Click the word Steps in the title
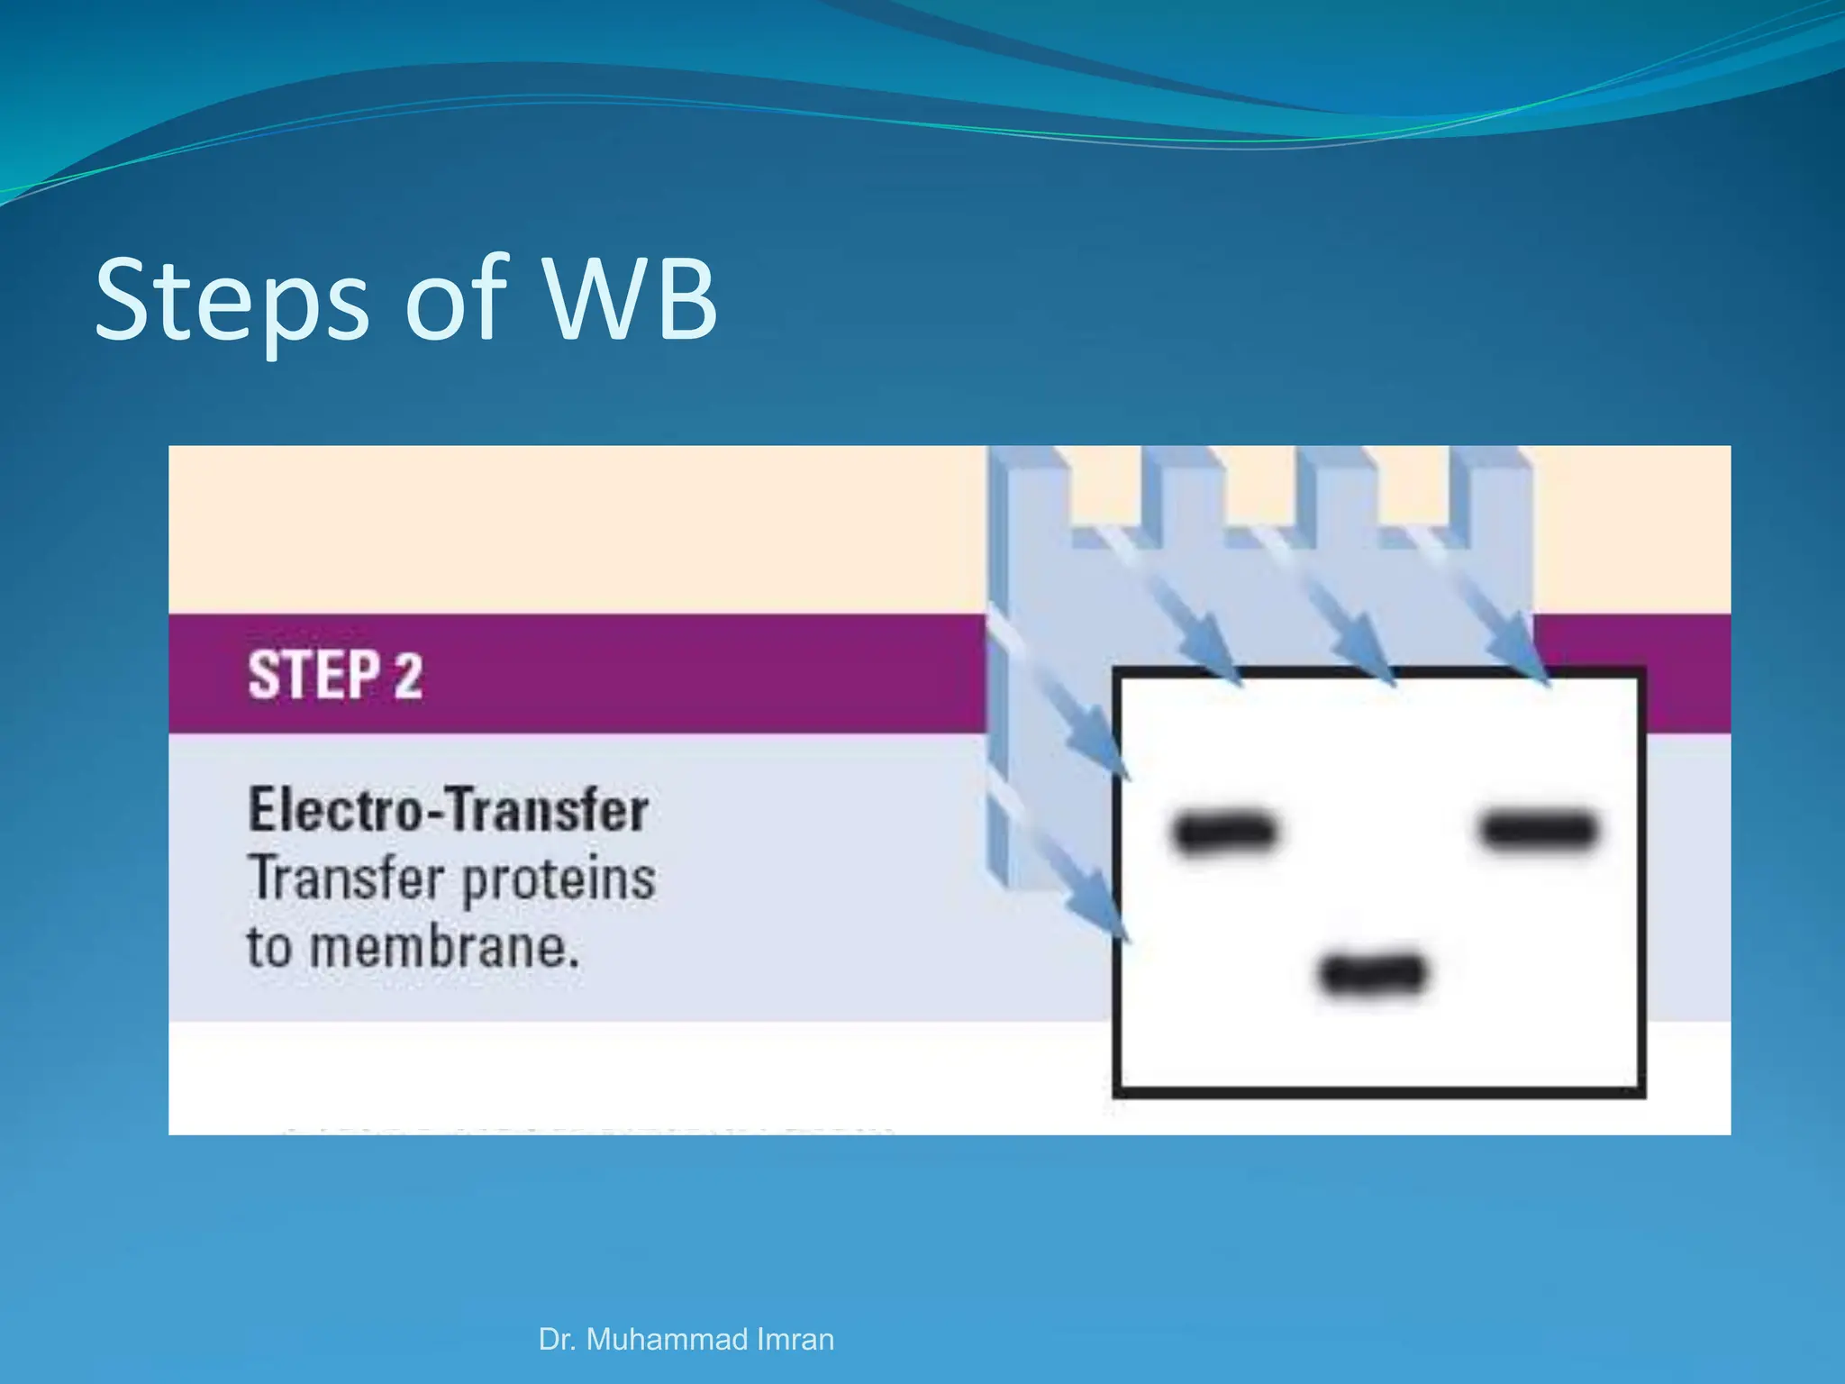coord(232,301)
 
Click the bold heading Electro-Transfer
coord(448,809)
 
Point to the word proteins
coord(559,879)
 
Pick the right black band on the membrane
coord(1539,830)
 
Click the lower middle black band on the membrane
coord(1372,974)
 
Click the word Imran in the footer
coord(795,1339)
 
